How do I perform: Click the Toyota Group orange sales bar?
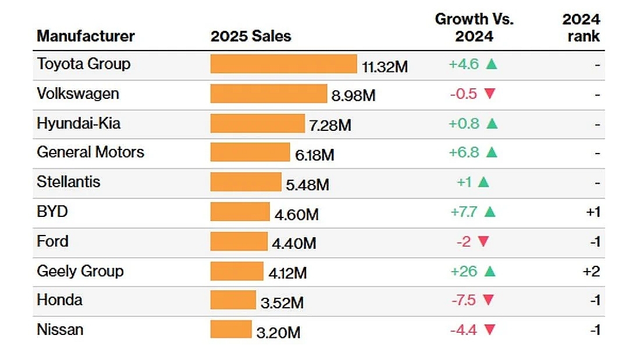[x=283, y=64]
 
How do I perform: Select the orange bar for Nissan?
[x=231, y=329]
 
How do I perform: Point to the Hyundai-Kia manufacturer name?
[x=79, y=123]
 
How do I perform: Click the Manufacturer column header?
[x=86, y=36]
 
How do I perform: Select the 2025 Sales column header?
[x=251, y=36]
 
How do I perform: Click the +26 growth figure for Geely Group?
[x=463, y=271]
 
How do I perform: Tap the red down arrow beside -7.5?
[x=488, y=300]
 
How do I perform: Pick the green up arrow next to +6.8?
[x=491, y=152]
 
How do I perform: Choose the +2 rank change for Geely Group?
[x=592, y=271]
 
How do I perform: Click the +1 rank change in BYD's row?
[x=593, y=212]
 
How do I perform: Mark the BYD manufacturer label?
[x=52, y=211]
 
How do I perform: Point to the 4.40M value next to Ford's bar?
[x=294, y=243]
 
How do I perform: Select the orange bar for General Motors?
[x=250, y=152]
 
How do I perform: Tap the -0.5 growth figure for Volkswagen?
[x=464, y=94]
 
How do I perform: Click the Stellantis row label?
[x=69, y=182]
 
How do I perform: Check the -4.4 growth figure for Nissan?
[x=464, y=330]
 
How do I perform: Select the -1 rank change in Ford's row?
[x=593, y=241]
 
